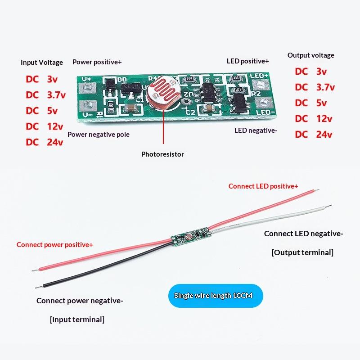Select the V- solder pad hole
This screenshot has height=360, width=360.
pos(87,106)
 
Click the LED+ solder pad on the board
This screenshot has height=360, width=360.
pos(261,85)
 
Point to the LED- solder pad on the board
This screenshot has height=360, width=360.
pos(264,102)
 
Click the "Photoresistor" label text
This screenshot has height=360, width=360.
pos(162,154)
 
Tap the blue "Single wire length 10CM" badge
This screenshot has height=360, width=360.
pos(216,296)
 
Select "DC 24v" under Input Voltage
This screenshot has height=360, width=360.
pos(44,142)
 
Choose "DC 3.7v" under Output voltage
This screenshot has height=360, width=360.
pos(315,87)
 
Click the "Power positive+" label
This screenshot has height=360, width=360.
pos(97,62)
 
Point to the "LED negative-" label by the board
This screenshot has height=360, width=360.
pos(256,130)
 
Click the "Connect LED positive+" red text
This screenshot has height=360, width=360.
pos(263,186)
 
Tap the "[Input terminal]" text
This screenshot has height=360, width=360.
pos(77,319)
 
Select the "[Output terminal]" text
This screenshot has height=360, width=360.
pos(302,252)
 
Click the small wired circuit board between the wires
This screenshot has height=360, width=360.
pos(191,235)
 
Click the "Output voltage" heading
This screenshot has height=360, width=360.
pos(311,55)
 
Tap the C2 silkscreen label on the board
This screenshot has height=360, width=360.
pos(190,112)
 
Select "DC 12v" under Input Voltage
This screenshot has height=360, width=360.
pos(44,126)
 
